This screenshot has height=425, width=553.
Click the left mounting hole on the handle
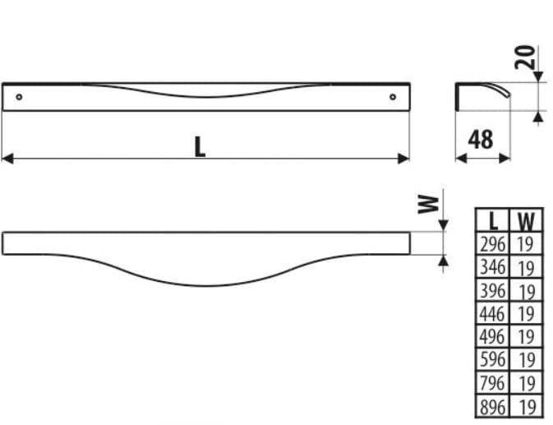19,97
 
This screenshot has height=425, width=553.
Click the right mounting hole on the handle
393,97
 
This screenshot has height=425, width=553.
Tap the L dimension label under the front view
200,146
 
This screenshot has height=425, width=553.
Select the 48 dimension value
481,140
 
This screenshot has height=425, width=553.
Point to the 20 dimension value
524,58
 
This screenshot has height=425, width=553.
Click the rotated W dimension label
428,204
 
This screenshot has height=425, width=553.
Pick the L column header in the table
494,221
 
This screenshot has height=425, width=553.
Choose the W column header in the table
526,221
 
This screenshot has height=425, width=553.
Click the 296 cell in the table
493,243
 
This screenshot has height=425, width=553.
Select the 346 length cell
493,267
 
